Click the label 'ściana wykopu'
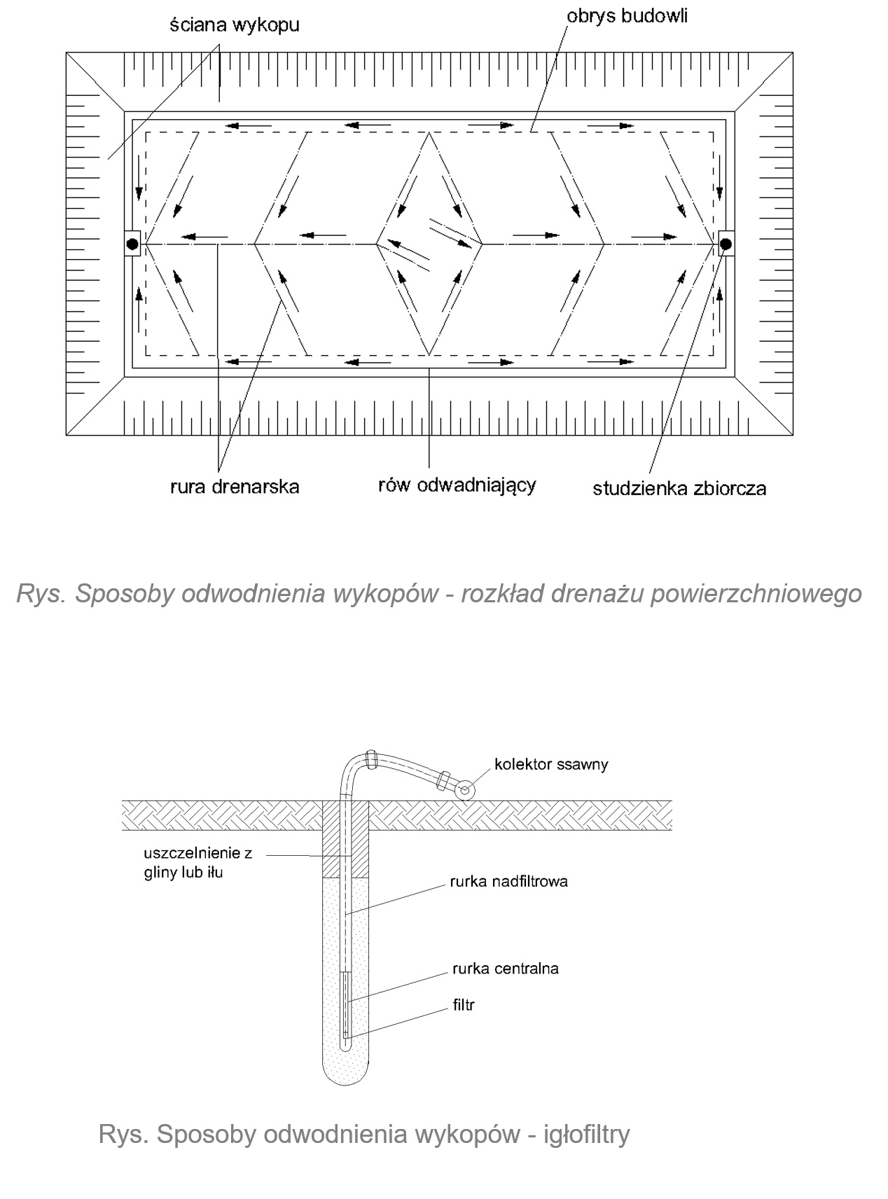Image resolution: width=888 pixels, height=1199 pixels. (x=234, y=25)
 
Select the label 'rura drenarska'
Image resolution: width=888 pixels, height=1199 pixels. (x=235, y=486)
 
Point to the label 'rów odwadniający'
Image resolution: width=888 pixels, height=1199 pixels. (x=457, y=485)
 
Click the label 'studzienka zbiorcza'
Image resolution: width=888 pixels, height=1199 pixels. (x=679, y=488)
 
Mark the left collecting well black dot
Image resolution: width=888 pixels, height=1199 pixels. (x=132, y=244)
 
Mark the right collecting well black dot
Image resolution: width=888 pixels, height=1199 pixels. (x=726, y=244)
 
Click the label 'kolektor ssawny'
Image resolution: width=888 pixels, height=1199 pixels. (x=551, y=763)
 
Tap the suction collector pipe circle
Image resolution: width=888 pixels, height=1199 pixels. (x=464, y=790)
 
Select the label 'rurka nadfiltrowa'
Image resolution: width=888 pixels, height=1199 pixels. (x=510, y=881)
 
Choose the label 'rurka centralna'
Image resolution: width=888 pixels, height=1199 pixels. (x=506, y=969)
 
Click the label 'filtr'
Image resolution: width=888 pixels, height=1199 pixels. (x=464, y=1005)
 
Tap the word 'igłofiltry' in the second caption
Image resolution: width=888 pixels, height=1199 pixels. (x=587, y=1134)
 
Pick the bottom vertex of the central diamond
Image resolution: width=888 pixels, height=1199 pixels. (x=428, y=354)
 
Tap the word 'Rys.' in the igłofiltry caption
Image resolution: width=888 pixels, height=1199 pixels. (x=123, y=1134)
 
